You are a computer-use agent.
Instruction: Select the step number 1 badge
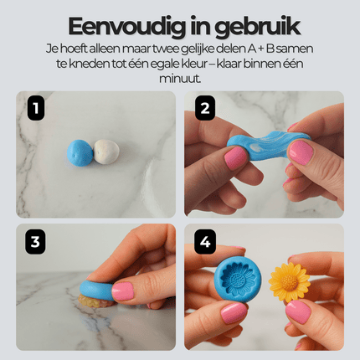pos(34,106)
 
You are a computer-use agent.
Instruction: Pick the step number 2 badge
pos(203,106)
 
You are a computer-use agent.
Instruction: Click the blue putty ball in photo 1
pos(80,154)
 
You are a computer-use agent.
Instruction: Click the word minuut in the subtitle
pos(179,78)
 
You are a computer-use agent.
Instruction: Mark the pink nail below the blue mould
pos(234,312)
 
